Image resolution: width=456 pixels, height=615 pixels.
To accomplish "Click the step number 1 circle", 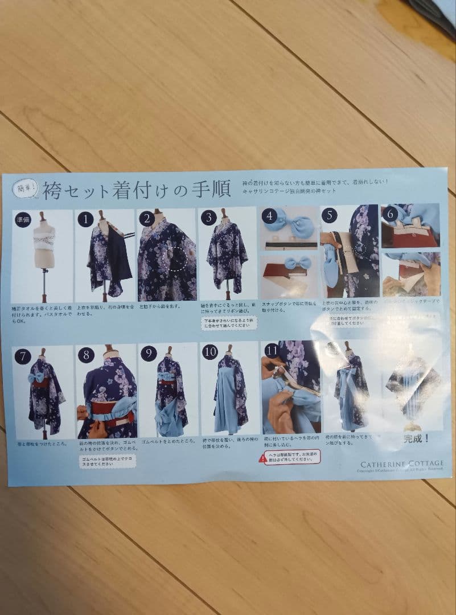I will pos(85,219).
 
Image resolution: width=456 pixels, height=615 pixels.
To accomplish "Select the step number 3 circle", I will pos(209,218).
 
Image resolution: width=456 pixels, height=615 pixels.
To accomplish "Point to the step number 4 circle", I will pos(270,217).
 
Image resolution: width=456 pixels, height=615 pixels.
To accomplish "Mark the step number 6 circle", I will pos(391,215).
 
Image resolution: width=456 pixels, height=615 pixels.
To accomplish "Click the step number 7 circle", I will pos(23,356).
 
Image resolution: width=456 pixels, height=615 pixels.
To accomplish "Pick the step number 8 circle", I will pos(86,355).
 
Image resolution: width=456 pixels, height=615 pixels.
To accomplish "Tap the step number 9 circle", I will pos(148,354).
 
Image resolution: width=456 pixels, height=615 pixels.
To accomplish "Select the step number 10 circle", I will pos(210,352).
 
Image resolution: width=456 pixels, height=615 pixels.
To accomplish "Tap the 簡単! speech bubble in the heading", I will pos(27,186).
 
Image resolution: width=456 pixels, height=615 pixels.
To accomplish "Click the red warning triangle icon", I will pos(262,457).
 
